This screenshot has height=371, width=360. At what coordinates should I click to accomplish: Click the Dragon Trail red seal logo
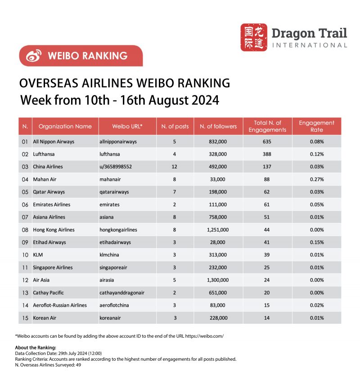click(254, 37)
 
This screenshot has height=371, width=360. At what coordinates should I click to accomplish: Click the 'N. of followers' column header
click(218, 126)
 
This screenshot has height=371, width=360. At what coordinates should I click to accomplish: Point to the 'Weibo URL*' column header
click(127, 126)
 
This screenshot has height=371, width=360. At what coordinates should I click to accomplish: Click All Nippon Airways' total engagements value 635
click(268, 141)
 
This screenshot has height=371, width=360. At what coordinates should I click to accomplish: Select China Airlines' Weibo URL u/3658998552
click(116, 166)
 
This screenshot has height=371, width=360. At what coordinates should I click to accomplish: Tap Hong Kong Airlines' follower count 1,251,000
click(218, 230)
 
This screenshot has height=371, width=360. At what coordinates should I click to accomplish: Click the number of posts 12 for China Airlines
click(175, 166)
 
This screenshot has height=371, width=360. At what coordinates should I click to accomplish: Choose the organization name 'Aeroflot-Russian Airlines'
click(60, 305)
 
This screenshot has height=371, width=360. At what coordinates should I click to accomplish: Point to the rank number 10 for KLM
click(25, 255)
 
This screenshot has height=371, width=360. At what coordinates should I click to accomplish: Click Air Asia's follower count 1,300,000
click(218, 280)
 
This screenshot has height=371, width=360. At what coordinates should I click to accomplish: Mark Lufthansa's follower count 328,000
click(218, 154)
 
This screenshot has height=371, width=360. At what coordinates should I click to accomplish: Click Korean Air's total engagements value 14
click(268, 318)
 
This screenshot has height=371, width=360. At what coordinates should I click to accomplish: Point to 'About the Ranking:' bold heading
click(36, 347)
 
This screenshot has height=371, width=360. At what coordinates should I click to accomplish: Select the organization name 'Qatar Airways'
click(49, 192)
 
